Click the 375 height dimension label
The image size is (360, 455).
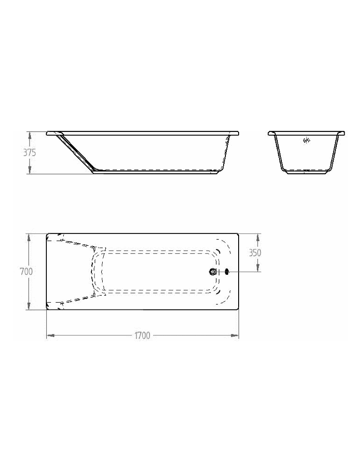coord(30,153)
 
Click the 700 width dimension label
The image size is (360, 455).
coord(26,272)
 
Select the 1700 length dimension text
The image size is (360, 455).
coord(142,336)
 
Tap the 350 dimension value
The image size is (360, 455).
coord(255,253)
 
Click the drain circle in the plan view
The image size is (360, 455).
coord(213,272)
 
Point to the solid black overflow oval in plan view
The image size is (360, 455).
coord(226,272)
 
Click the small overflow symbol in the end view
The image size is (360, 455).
coord(306,141)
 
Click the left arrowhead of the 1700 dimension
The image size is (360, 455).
coord(50,336)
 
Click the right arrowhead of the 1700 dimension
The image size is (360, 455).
coord(235,336)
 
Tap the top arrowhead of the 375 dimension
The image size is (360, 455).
coord(30,135)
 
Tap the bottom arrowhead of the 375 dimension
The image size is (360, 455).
coord(30,171)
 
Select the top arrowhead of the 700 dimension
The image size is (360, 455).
coord(30,237)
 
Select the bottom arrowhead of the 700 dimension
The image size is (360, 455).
coord(30,307)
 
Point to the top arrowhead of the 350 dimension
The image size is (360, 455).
coord(258,237)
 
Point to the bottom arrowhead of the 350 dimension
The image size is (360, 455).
coord(258,268)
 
